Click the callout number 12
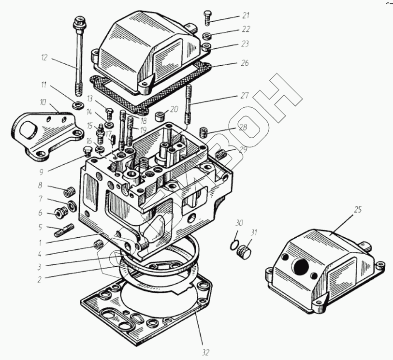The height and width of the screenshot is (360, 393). [44, 58]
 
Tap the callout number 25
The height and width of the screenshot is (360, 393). [357, 210]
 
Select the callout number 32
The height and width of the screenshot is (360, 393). [205, 352]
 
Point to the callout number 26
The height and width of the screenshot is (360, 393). [245, 63]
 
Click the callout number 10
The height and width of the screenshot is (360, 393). [43, 102]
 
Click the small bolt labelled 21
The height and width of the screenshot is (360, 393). [208, 17]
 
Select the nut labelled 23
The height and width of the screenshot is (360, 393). [206, 47]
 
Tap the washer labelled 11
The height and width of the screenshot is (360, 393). [77, 105]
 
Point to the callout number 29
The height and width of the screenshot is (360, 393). [243, 150]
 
